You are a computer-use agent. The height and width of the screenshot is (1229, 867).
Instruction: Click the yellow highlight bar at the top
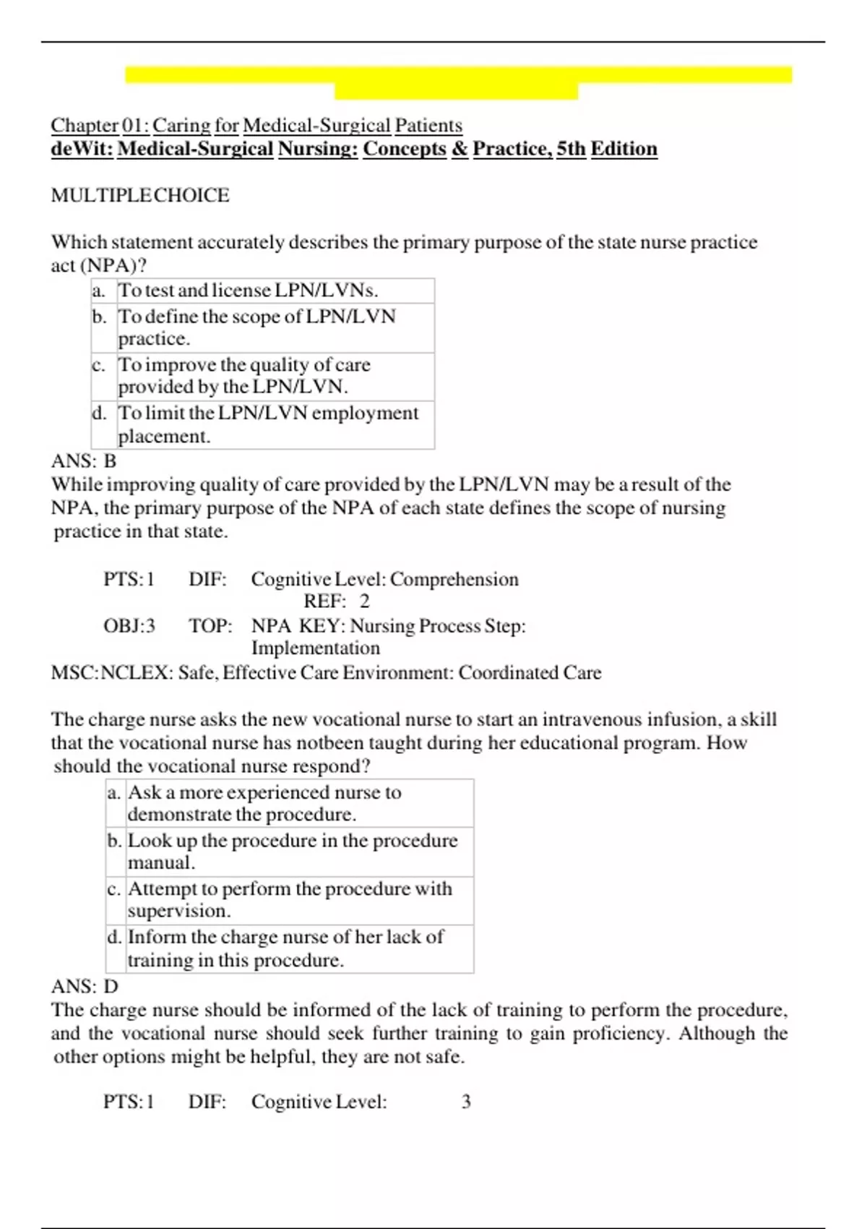[x=458, y=75]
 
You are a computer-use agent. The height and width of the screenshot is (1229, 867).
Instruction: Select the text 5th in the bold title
[x=571, y=149]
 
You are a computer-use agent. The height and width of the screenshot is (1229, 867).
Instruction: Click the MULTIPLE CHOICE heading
[x=140, y=195]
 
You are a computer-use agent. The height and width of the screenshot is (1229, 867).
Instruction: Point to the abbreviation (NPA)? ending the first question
[x=113, y=265]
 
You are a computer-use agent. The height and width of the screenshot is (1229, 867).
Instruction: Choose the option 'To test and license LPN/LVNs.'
[x=248, y=291]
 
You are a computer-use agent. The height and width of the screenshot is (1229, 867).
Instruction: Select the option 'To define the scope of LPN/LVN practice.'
[x=256, y=327]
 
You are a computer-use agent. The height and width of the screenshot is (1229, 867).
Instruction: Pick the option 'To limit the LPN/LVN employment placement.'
[x=267, y=424]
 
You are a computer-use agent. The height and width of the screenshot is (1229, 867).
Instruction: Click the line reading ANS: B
[x=84, y=461]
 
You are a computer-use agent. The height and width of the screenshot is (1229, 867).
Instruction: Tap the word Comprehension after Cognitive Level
[x=454, y=579]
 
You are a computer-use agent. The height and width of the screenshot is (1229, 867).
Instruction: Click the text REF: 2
[x=337, y=601]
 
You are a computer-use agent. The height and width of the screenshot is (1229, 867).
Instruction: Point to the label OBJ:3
[x=129, y=625]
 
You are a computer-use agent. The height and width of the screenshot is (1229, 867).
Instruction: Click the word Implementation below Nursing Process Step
[x=315, y=648]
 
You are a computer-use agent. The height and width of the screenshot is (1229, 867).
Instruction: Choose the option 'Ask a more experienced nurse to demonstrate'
[x=264, y=802]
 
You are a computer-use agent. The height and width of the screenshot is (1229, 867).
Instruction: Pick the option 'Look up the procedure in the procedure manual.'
[x=292, y=851]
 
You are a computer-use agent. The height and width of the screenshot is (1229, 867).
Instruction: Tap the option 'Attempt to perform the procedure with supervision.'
[x=289, y=899]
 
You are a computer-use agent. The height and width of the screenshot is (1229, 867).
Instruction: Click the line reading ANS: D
[x=85, y=986]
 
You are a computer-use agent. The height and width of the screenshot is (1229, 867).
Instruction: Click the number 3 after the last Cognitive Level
[x=466, y=1102]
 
